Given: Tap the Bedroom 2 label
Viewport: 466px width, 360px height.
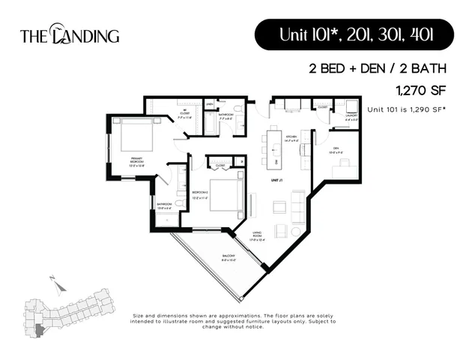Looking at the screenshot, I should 201,193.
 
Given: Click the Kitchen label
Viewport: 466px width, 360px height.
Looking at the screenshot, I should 291,138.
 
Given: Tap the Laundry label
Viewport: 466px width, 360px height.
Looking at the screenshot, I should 351,117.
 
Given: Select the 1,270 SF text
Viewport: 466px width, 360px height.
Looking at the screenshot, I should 421,90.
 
